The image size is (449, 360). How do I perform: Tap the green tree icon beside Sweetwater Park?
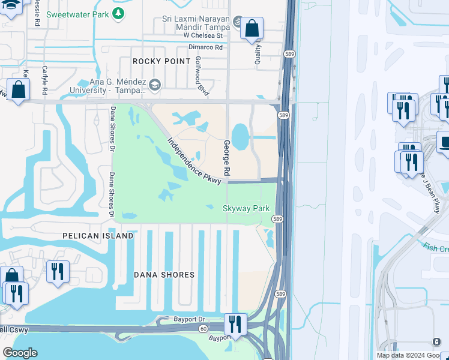[119, 13]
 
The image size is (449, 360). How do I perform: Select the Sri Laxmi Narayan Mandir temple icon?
[238, 23]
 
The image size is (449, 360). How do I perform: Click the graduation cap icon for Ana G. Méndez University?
[155, 85]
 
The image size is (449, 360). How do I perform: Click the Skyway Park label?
[245, 208]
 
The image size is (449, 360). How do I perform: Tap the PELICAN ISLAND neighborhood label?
[98, 236]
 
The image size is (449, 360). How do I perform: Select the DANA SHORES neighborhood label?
[164, 275]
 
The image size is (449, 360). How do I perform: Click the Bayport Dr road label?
[190, 320]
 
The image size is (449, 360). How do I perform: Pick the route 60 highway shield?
[204, 329]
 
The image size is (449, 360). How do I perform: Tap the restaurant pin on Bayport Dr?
[235, 324]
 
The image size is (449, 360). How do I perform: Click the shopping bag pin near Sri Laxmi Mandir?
[252, 28]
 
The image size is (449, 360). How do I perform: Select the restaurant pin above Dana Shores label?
[58, 271]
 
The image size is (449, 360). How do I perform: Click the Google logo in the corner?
[20, 353]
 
